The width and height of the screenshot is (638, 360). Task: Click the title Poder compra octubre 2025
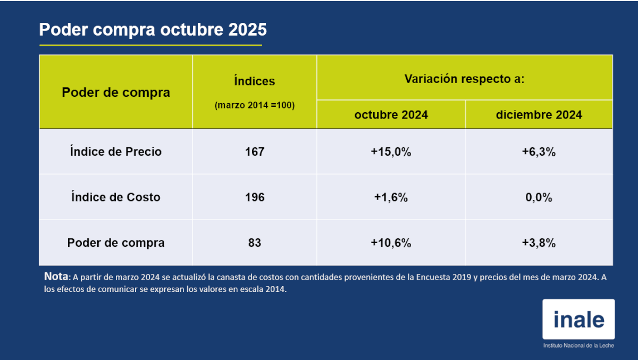click(153, 30)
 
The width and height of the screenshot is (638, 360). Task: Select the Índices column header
click(255, 81)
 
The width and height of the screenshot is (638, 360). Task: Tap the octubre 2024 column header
click(391, 115)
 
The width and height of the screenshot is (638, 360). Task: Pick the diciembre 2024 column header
click(539, 115)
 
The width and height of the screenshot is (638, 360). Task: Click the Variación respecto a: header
click(465, 79)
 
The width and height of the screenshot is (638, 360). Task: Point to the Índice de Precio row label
click(116, 152)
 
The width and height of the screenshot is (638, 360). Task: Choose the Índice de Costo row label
click(116, 197)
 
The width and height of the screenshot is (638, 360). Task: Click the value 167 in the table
click(255, 152)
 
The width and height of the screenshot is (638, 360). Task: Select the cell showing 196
click(255, 197)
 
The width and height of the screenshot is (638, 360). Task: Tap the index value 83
click(255, 243)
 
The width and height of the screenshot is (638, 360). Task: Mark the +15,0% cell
click(391, 152)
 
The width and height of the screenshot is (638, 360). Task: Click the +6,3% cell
click(539, 152)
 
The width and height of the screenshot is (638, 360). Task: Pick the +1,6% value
click(391, 197)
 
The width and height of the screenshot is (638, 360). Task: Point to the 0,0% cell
click(539, 197)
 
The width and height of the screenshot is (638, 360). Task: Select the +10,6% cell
click(391, 243)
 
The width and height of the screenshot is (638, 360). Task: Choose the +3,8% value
click(539, 243)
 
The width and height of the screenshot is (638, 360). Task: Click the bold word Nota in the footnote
click(56, 277)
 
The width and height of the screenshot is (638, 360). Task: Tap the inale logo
click(578, 319)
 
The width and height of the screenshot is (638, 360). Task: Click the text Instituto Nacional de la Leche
click(578, 346)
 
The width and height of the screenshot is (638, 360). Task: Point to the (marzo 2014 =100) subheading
click(255, 105)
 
